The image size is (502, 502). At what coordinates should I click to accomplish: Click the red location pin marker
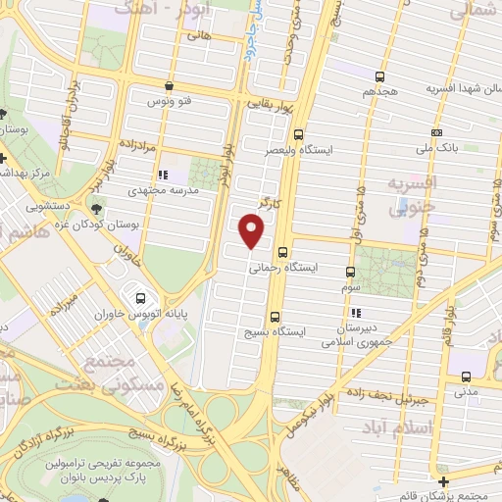(253, 231)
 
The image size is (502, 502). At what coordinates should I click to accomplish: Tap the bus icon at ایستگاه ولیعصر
(297, 136)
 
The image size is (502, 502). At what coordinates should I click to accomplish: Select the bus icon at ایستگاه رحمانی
(282, 252)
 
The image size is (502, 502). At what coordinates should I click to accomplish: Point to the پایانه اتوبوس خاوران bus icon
(141, 298)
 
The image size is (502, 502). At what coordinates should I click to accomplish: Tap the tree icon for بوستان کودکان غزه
(95, 209)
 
